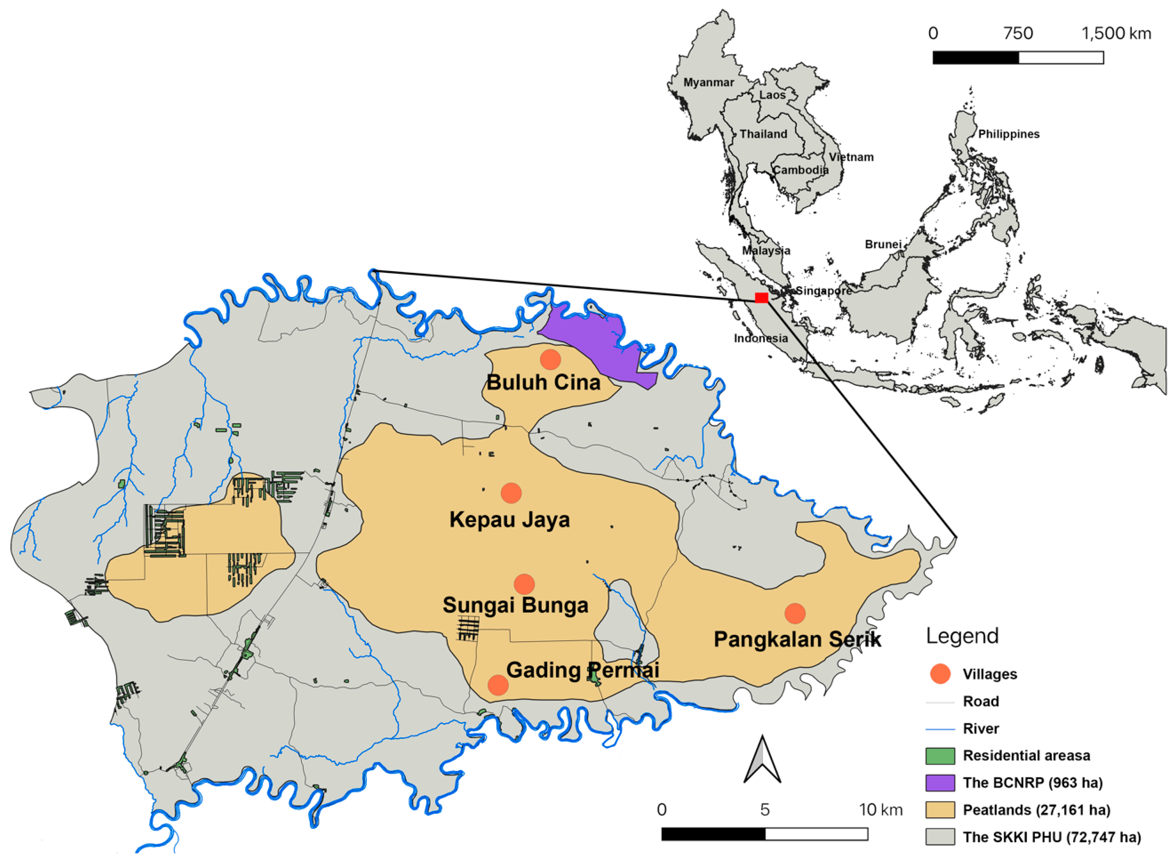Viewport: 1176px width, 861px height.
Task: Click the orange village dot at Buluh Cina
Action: [x=550, y=359]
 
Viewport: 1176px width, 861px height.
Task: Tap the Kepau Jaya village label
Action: [x=510, y=520]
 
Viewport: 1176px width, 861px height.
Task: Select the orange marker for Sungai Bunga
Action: [x=524, y=584]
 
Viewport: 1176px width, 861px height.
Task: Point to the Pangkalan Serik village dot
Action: [x=795, y=613]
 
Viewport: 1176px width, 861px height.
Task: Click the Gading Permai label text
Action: [x=582, y=670]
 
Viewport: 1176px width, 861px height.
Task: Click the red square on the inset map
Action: [x=761, y=297]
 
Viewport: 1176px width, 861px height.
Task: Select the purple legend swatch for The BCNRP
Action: [x=940, y=783]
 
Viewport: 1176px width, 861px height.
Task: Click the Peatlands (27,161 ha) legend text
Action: [x=1036, y=810]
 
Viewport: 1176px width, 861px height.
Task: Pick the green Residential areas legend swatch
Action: [x=940, y=756]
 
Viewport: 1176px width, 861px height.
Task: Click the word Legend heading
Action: [x=962, y=636]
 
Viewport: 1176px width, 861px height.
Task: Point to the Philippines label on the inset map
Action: [x=1008, y=134]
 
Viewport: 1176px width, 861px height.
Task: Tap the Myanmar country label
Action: [x=708, y=82]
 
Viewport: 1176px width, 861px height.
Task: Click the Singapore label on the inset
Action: [x=823, y=290]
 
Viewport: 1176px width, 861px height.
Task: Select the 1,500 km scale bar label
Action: [x=1116, y=33]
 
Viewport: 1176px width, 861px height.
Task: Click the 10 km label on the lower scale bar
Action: [x=880, y=809]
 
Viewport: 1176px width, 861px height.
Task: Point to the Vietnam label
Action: [x=851, y=157]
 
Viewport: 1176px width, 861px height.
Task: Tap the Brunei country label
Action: [x=883, y=244]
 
